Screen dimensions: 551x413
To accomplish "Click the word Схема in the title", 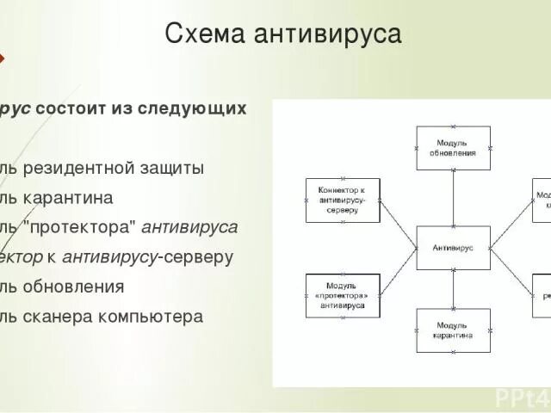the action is [x=202, y=34].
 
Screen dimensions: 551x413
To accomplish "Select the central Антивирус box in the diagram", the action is [x=453, y=247].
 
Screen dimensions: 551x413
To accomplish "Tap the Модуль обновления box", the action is [x=453, y=148].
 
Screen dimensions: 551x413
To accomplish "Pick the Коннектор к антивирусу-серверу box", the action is [x=342, y=200].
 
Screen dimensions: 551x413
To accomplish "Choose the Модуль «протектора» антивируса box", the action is [x=342, y=295].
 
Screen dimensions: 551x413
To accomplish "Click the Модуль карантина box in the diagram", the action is [x=453, y=330].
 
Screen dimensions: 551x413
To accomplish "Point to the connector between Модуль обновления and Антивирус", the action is [x=453, y=198].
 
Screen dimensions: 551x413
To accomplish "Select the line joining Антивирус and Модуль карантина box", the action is [x=453, y=288].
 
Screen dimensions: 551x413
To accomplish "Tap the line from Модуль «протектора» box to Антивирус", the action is [x=398, y=271].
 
